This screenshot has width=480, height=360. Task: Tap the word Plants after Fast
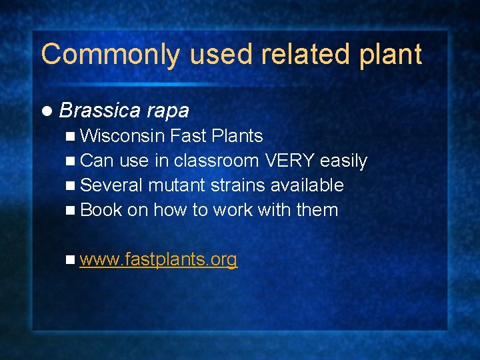pyautogui.click(x=237, y=136)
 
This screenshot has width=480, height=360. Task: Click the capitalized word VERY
pyautogui.click(x=289, y=161)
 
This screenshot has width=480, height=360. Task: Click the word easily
pyautogui.click(x=343, y=161)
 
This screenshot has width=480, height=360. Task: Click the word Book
pyautogui.click(x=101, y=209)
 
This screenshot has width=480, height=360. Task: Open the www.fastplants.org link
pyautogui.click(x=158, y=259)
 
